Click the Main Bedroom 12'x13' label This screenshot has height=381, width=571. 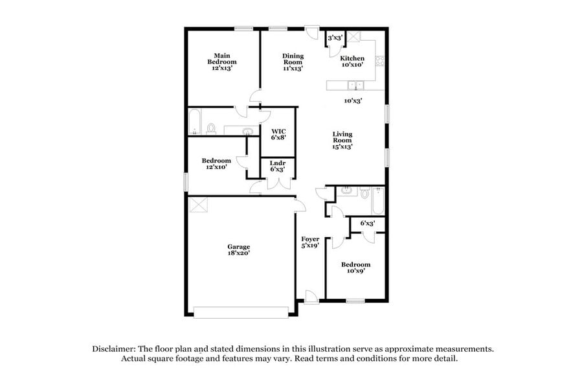(221, 61)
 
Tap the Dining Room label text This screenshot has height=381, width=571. (293, 62)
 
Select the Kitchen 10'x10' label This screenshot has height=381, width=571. (352, 62)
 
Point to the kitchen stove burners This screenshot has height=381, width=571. (381, 62)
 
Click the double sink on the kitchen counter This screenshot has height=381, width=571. (355, 84)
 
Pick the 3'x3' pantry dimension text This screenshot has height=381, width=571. (335, 38)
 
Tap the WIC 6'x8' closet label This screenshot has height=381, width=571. (278, 134)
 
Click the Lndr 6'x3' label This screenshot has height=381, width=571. (278, 167)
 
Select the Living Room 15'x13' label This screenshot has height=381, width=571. (342, 140)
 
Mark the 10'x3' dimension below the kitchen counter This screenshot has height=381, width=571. (352, 100)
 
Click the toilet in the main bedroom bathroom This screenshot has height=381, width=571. (211, 129)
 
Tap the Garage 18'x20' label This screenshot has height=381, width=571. (238, 249)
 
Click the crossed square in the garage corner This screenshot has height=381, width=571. (197, 205)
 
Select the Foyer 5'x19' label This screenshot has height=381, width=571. (310, 242)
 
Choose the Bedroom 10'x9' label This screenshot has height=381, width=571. (356, 268)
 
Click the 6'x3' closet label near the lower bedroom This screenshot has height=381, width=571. (366, 224)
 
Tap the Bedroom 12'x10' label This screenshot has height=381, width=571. (216, 164)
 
